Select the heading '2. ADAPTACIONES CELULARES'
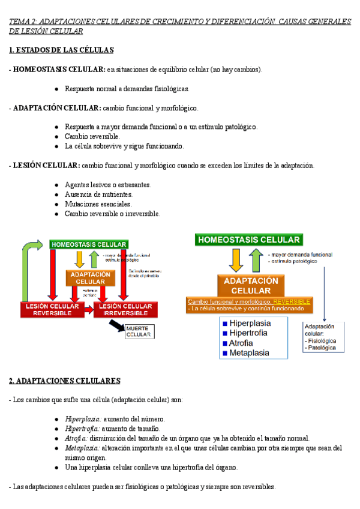pyautogui.click(x=65, y=381)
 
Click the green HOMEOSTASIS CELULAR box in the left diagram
pyautogui.click(x=89, y=244)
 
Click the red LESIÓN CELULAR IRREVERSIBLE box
pyautogui.click(x=124, y=310)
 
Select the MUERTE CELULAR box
pyautogui.click(x=139, y=332)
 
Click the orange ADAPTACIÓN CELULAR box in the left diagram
pyautogui.click(x=91, y=278)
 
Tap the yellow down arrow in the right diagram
pyautogui.click(x=236, y=259)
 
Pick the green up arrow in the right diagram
pyautogui.click(x=255, y=259)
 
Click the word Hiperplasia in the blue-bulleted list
pyautogui.click(x=250, y=323)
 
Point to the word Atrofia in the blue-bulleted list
pyautogui.click(x=242, y=343)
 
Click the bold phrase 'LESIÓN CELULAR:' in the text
pyautogui.click(x=46, y=165)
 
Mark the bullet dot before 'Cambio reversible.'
pyautogui.click(x=56, y=136)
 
